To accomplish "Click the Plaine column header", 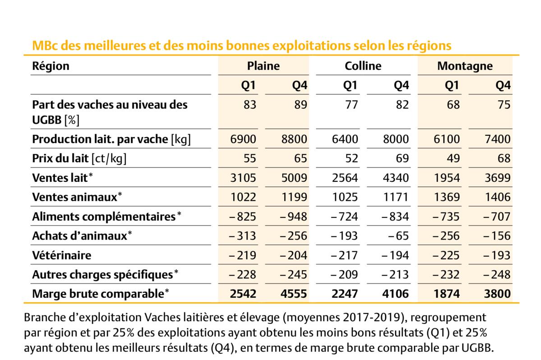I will tap(263, 66).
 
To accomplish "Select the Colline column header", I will tap(363, 66).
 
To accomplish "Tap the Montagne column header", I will tap(465, 66).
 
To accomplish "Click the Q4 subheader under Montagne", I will tap(503, 85).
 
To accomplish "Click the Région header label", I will tap(51, 66).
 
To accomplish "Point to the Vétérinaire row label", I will tap(61, 255).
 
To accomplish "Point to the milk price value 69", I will tap(402, 158).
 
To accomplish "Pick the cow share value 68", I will tap(453, 105).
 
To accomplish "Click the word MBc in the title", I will tap(44, 46).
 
